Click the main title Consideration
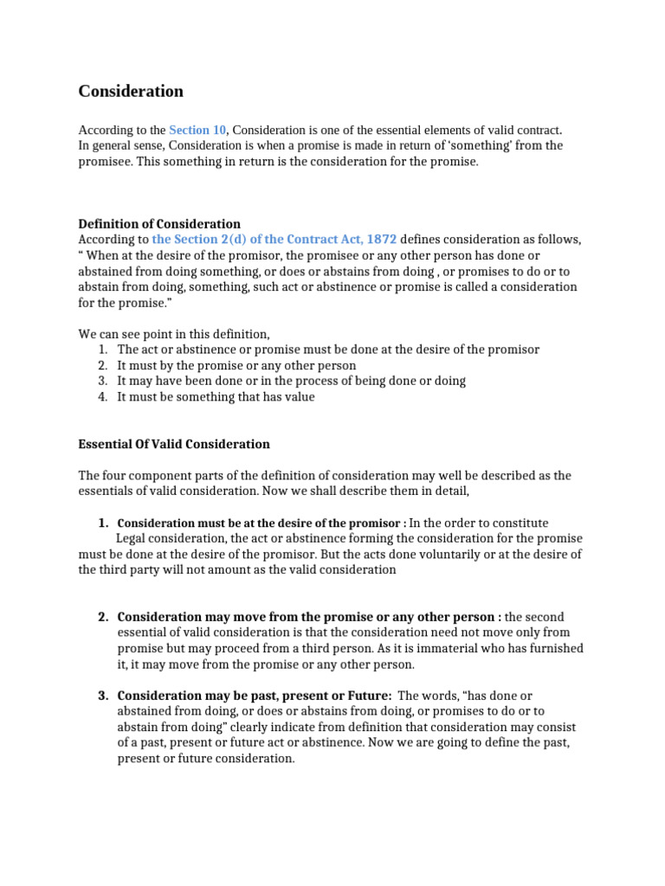(x=131, y=91)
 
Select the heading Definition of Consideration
(x=159, y=223)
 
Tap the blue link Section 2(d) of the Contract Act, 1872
(x=274, y=239)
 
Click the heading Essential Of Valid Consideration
(x=174, y=444)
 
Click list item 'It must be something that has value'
(x=216, y=396)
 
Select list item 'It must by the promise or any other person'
(x=236, y=365)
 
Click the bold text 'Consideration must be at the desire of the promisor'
(x=261, y=523)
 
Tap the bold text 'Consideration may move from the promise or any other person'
(x=308, y=617)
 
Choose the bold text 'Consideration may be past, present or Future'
(x=255, y=696)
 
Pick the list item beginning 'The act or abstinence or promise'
(x=328, y=350)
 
